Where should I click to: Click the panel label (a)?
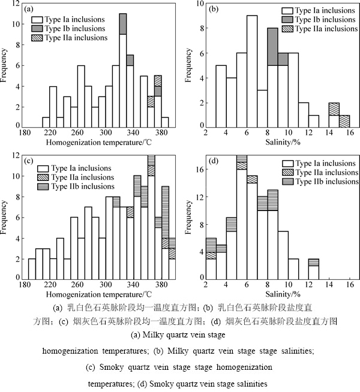tap(28, 9)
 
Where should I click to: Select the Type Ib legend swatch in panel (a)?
tap(37, 29)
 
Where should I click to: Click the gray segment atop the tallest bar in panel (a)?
tap(123, 24)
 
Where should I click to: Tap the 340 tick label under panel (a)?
tap(133, 132)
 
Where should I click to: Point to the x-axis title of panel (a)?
tap(99, 143)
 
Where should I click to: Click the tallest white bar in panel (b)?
tap(252, 71)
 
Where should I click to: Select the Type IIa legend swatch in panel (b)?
tap(287, 29)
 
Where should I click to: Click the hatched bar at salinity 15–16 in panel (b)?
tap(344, 120)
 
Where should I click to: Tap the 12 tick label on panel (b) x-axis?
tap(309, 132)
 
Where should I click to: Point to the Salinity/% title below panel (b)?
tap(283, 142)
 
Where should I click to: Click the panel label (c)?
tap(28, 161)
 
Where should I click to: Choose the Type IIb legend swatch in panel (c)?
tap(43, 186)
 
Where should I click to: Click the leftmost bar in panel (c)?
tap(32, 269)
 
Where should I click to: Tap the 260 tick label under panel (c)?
tap(77, 284)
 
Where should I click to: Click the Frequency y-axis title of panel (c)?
tap(4, 217)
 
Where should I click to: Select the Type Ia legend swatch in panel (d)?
tap(287, 164)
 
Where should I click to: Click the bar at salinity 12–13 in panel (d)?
tap(313, 269)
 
